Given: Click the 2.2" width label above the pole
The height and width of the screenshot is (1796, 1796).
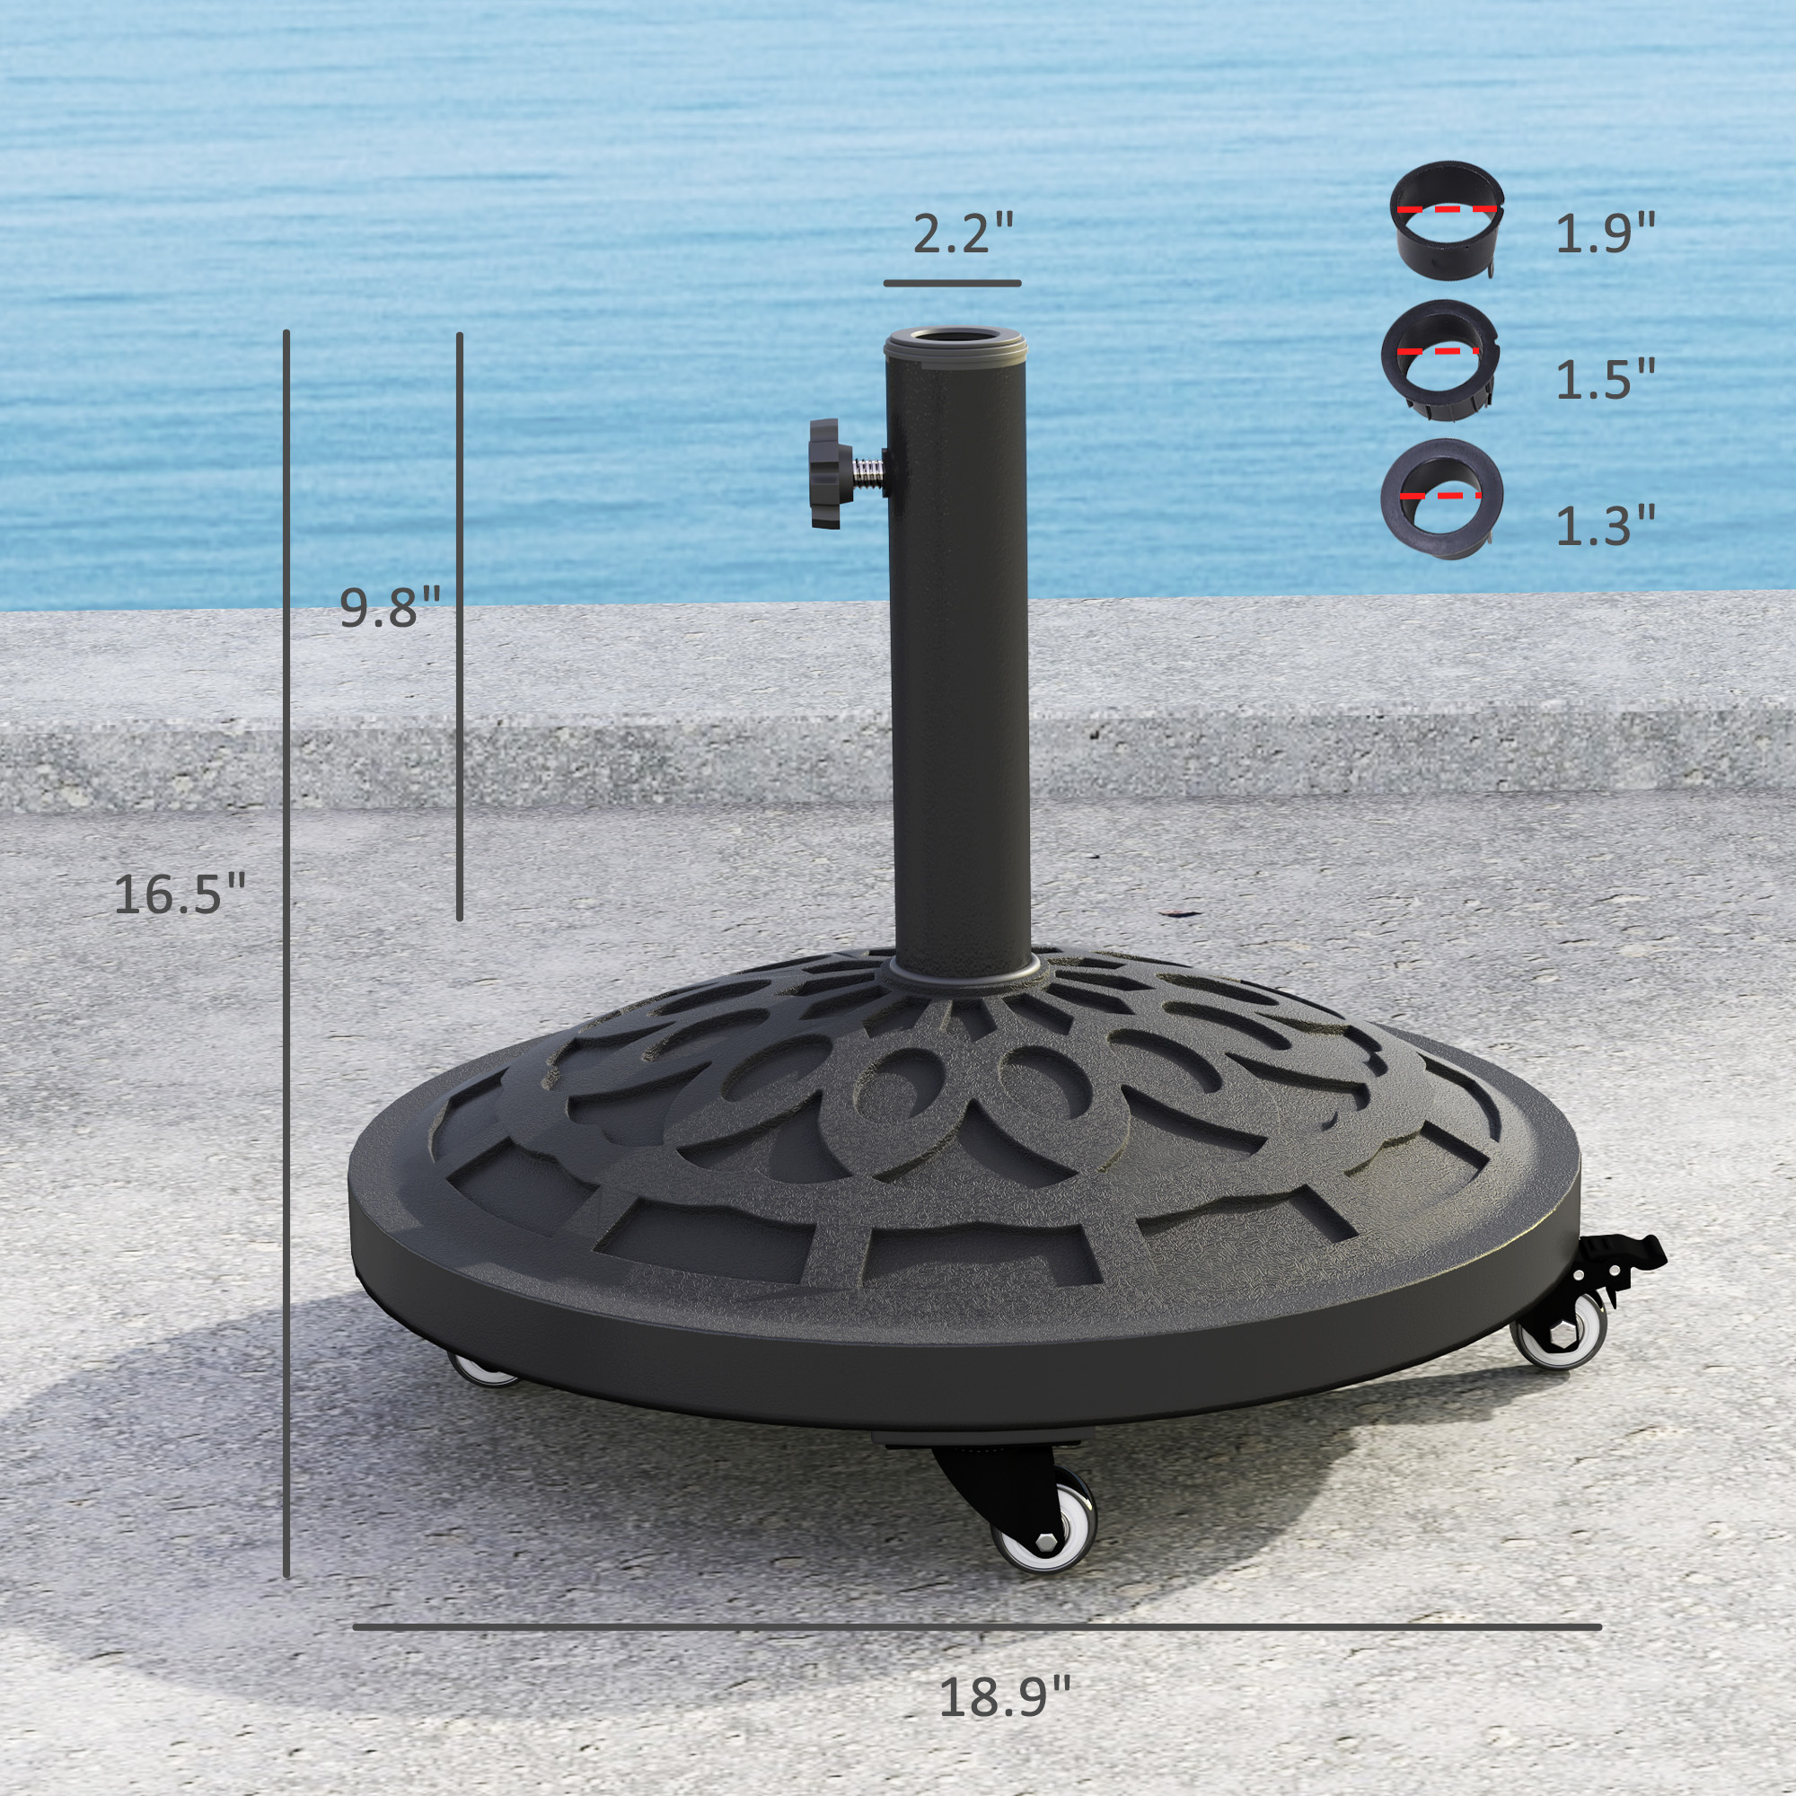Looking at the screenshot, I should click(x=962, y=233).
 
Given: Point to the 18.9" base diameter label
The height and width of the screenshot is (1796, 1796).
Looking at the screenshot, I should click(x=1005, y=1696).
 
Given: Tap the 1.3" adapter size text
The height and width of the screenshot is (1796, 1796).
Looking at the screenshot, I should click(x=1606, y=525).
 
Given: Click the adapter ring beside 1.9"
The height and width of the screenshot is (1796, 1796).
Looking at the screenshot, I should click(x=1447, y=219).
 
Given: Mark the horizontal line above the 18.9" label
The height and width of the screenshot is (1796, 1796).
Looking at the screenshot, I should click(x=976, y=1627).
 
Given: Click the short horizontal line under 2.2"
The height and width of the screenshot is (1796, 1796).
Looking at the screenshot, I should click(x=952, y=283).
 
